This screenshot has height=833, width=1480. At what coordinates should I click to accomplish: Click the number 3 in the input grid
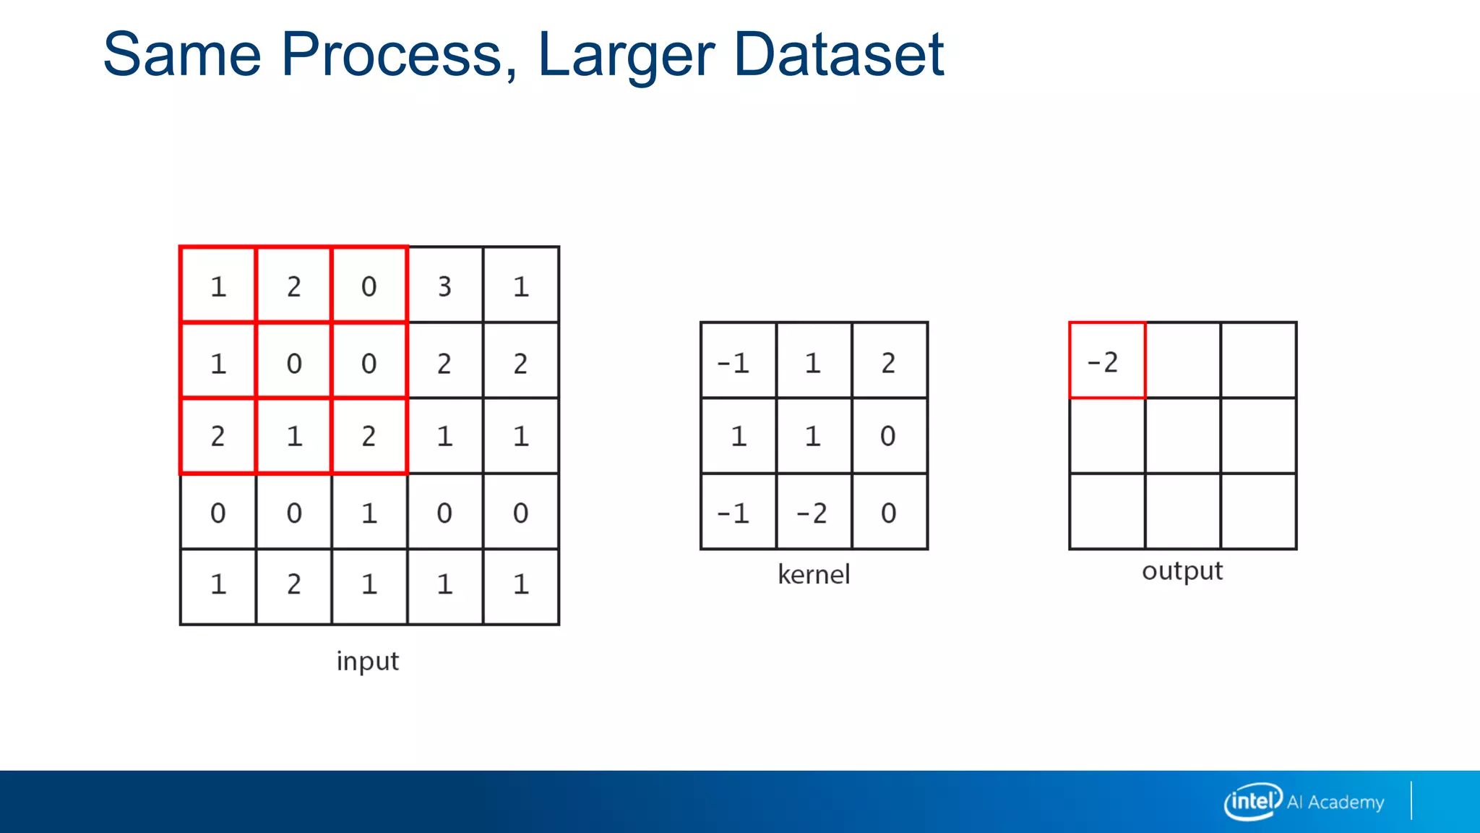tap(444, 287)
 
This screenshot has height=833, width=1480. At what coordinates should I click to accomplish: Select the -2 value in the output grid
tap(1103, 362)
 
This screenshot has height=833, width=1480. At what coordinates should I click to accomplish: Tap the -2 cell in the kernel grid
tap(812, 513)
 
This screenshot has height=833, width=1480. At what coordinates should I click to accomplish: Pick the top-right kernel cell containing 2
tap(888, 362)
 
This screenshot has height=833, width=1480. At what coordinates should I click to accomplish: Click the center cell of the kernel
tap(813, 436)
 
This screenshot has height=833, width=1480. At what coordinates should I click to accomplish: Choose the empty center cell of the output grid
tap(1183, 436)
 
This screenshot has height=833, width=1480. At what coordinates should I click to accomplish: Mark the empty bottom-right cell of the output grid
tap(1258, 511)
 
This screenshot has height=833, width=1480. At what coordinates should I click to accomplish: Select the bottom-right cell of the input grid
tap(521, 584)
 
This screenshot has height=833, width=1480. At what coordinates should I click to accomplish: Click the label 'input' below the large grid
tap(367, 661)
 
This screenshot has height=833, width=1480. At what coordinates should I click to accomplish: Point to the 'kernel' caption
tap(814, 575)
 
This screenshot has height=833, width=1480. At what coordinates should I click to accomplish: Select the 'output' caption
tap(1182, 571)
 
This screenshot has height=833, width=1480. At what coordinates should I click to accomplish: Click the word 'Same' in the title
tap(181, 54)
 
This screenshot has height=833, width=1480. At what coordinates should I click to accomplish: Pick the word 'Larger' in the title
tap(626, 54)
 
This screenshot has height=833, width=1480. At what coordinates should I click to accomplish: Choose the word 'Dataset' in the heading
tap(838, 54)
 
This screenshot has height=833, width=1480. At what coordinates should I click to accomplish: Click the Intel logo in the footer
tap(1252, 801)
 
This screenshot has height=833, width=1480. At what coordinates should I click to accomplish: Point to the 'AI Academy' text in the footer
tap(1335, 802)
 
